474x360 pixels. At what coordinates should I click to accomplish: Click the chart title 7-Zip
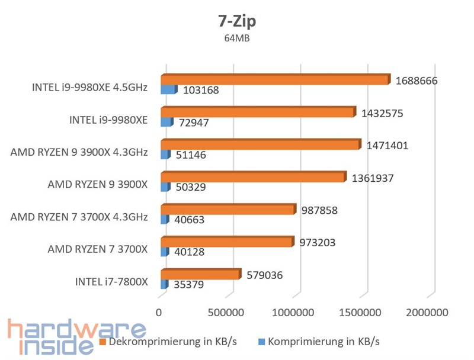point(236,21)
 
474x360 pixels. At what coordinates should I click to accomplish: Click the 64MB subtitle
point(236,39)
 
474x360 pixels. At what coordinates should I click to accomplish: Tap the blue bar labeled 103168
point(168,90)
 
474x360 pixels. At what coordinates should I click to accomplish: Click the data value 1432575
point(382,112)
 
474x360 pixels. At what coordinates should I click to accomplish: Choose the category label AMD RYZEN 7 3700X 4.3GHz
point(79,217)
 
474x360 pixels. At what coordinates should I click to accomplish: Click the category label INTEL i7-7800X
point(111,281)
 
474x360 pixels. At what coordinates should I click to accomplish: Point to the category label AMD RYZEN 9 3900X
point(98,184)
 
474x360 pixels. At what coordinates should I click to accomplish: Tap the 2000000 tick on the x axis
point(427,312)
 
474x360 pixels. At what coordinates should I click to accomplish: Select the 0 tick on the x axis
point(159,312)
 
